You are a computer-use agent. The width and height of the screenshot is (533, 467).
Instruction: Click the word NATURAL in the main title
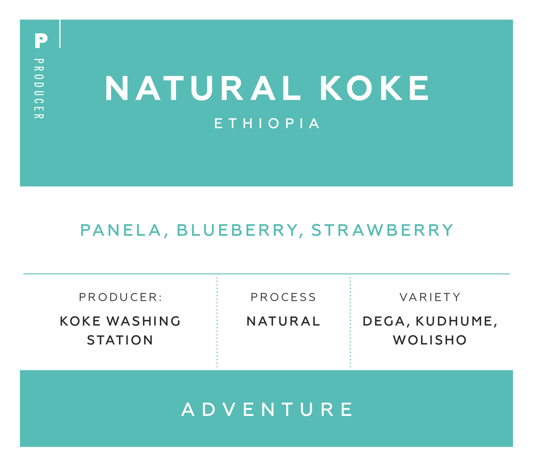203,88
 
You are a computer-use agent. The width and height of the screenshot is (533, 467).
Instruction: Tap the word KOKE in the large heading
375,88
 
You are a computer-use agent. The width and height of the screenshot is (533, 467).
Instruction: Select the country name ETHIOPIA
267,123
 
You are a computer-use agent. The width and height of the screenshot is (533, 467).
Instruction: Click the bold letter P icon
41,41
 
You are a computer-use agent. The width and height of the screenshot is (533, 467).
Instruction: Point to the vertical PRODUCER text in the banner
39,89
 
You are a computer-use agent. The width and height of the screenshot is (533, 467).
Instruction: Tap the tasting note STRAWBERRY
383,230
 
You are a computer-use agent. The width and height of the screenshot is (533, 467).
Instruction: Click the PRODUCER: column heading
121,297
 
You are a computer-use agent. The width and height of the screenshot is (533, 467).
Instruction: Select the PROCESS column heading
284,297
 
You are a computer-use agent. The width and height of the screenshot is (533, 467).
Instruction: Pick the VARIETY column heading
430,297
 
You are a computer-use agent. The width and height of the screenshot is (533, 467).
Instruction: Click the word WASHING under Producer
144,321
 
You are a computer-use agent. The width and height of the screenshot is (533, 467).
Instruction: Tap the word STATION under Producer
120,340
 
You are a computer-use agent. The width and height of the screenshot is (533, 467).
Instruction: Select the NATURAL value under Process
283,321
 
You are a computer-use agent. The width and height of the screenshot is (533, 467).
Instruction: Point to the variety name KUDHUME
456,322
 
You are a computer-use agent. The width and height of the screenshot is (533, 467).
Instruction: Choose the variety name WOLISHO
429,340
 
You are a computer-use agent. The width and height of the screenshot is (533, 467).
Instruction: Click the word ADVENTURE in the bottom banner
267,409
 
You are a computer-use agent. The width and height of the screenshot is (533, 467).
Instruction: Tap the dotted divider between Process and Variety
350,322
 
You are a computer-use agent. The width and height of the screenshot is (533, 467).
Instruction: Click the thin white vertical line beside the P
60,34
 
